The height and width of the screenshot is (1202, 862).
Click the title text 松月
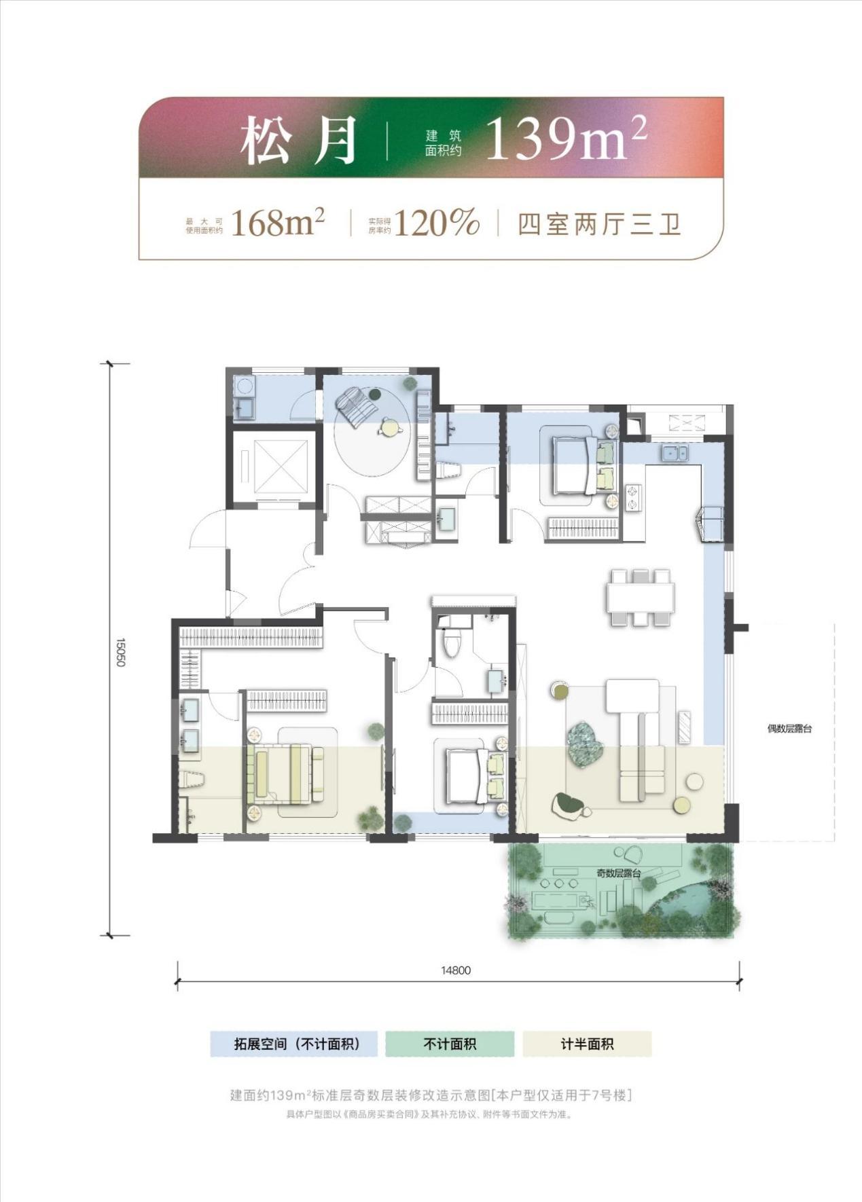[299, 140]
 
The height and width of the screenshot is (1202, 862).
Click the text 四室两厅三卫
[600, 223]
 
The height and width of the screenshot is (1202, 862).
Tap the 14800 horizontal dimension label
[456, 970]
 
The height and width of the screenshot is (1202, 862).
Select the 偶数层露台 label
[790, 729]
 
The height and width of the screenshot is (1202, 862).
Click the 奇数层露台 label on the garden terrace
[619, 873]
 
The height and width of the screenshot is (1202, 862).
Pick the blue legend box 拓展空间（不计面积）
[293, 1044]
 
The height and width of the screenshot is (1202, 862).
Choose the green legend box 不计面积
[450, 1044]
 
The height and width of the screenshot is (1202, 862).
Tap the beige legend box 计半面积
[587, 1044]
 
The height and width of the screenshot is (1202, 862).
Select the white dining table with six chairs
[641, 598]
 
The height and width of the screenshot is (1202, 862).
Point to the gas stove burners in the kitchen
[634, 497]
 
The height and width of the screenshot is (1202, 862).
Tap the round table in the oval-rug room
[389, 427]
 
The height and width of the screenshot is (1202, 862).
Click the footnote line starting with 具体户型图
[431, 1114]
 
